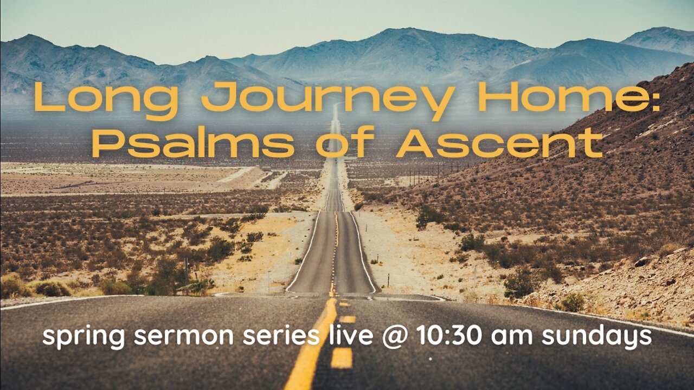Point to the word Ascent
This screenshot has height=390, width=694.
(x=499, y=142)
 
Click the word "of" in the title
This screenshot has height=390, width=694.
(x=345, y=141)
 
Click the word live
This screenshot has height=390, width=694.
(x=350, y=335)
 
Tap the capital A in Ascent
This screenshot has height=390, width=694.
(x=415, y=142)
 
